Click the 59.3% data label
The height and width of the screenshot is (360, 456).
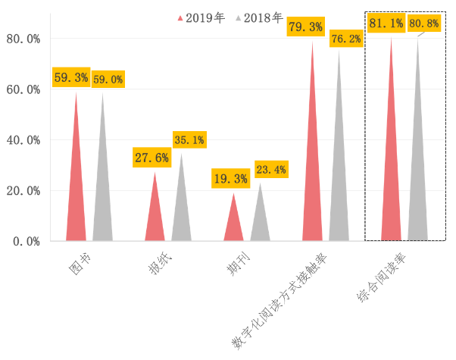tap(70, 77)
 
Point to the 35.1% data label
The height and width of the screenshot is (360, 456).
tap(189, 139)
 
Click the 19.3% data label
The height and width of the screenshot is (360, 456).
tap(230, 179)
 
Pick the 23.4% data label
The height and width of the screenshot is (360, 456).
tap(270, 169)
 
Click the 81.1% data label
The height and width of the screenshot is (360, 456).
tap(386, 23)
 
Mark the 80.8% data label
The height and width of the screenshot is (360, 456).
tap(424, 23)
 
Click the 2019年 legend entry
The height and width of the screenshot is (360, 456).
tap(201, 17)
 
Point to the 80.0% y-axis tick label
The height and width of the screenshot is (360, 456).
tap(23, 39)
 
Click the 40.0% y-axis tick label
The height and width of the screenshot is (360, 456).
tap(23, 140)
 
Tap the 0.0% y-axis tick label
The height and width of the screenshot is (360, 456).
tap(27, 241)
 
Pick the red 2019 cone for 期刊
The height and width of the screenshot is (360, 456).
tap(233, 224)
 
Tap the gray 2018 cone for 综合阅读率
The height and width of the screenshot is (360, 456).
tap(418, 174)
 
